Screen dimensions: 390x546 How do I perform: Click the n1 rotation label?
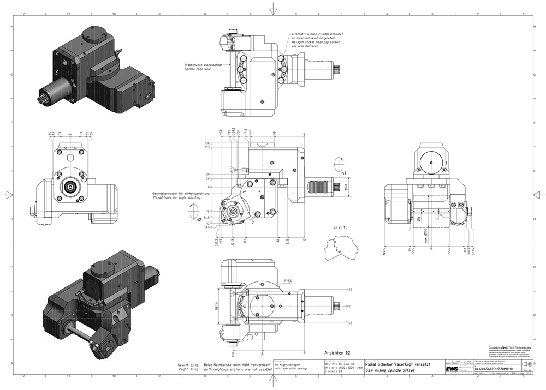click(x=344, y=174)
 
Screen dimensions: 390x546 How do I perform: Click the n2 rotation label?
click(x=199, y=221)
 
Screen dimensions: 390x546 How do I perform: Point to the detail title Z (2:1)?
click(x=333, y=227)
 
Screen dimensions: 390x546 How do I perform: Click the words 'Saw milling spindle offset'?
click(x=390, y=370)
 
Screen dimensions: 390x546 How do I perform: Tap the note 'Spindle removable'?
click(x=197, y=69)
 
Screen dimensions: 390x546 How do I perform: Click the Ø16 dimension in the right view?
click(x=417, y=219)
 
